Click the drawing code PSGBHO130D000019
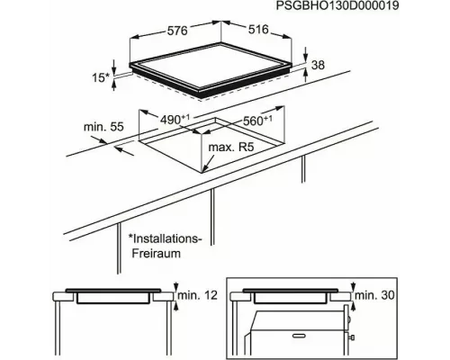337,5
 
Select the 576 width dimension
177,31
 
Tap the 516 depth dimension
258,29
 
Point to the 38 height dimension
318,65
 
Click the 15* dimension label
101,77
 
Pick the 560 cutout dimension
257,121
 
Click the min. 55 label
103,127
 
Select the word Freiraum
157,254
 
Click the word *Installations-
165,238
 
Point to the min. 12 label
197,295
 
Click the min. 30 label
374,295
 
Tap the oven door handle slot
298,336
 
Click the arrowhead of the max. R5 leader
204,170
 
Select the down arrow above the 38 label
306,54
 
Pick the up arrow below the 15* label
113,85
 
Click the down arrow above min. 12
176,286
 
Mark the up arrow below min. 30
354,306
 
